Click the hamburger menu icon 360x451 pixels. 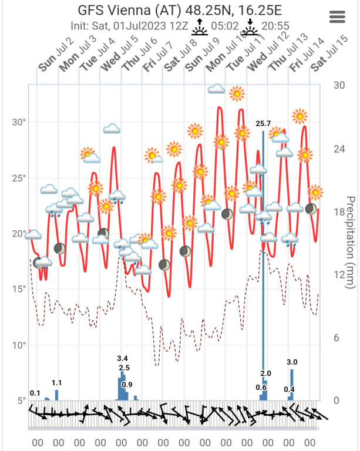click(x=338, y=16)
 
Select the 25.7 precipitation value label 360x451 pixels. click(x=263, y=124)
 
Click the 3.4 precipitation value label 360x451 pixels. click(x=123, y=358)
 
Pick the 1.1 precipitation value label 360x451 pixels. click(x=57, y=383)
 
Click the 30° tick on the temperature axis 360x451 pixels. click(x=20, y=122)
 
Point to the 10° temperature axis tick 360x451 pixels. click(x=20, y=345)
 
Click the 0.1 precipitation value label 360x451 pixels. click(x=35, y=393)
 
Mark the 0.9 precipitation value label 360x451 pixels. click(x=127, y=385)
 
